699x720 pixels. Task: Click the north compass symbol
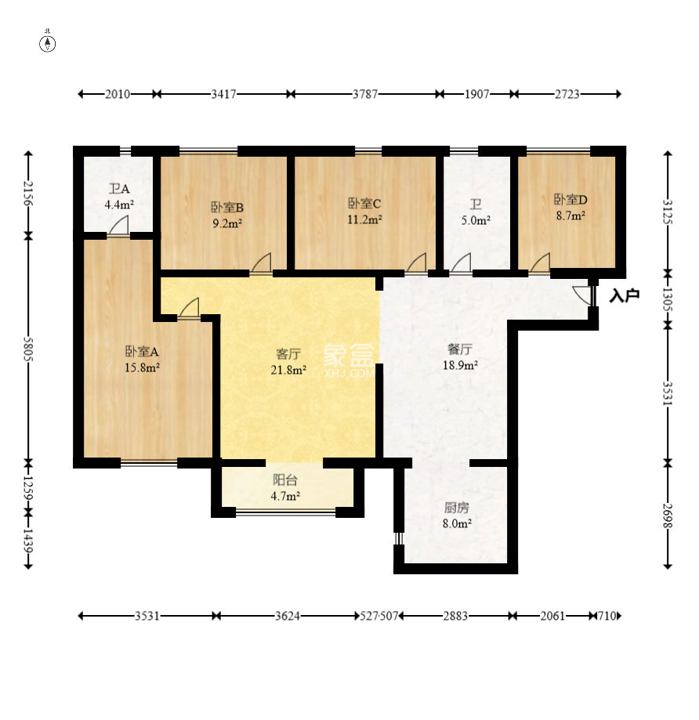tap(48, 44)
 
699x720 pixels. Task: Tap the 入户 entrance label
tap(624, 295)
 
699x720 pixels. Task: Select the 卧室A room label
tap(142, 352)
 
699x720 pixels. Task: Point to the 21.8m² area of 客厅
tap(288, 370)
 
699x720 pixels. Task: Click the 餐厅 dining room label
tap(460, 349)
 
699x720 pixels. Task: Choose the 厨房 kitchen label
tap(457, 508)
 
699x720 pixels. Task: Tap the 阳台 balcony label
tap(285, 480)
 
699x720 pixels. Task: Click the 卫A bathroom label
tap(119, 189)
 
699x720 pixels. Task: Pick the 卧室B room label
tap(227, 207)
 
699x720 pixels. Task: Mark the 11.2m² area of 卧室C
tap(364, 219)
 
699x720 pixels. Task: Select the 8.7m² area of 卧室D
tap(570, 215)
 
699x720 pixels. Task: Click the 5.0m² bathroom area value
tap(476, 220)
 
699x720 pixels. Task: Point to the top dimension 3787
tap(365, 94)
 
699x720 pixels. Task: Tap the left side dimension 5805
tap(28, 349)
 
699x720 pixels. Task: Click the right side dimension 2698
tap(668, 516)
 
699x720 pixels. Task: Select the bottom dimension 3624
tap(288, 616)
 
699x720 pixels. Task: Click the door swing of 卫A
tap(118, 226)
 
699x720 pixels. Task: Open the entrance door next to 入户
tap(584, 295)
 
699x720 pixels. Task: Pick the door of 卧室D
tap(540, 263)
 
